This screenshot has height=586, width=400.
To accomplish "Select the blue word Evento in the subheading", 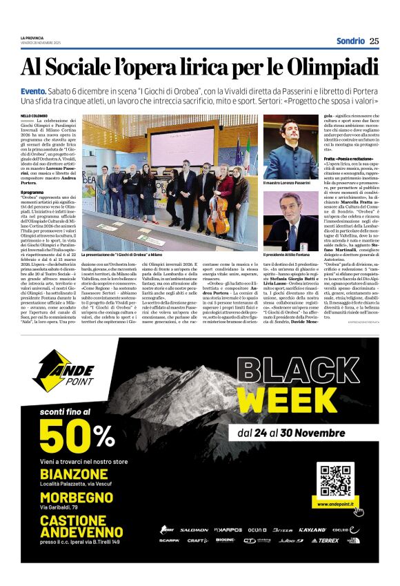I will (33, 91).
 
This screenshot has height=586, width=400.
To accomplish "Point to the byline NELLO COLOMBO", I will (34, 115).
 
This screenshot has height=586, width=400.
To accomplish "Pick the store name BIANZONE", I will (74, 474).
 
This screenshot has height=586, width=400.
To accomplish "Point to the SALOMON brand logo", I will (194, 530).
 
